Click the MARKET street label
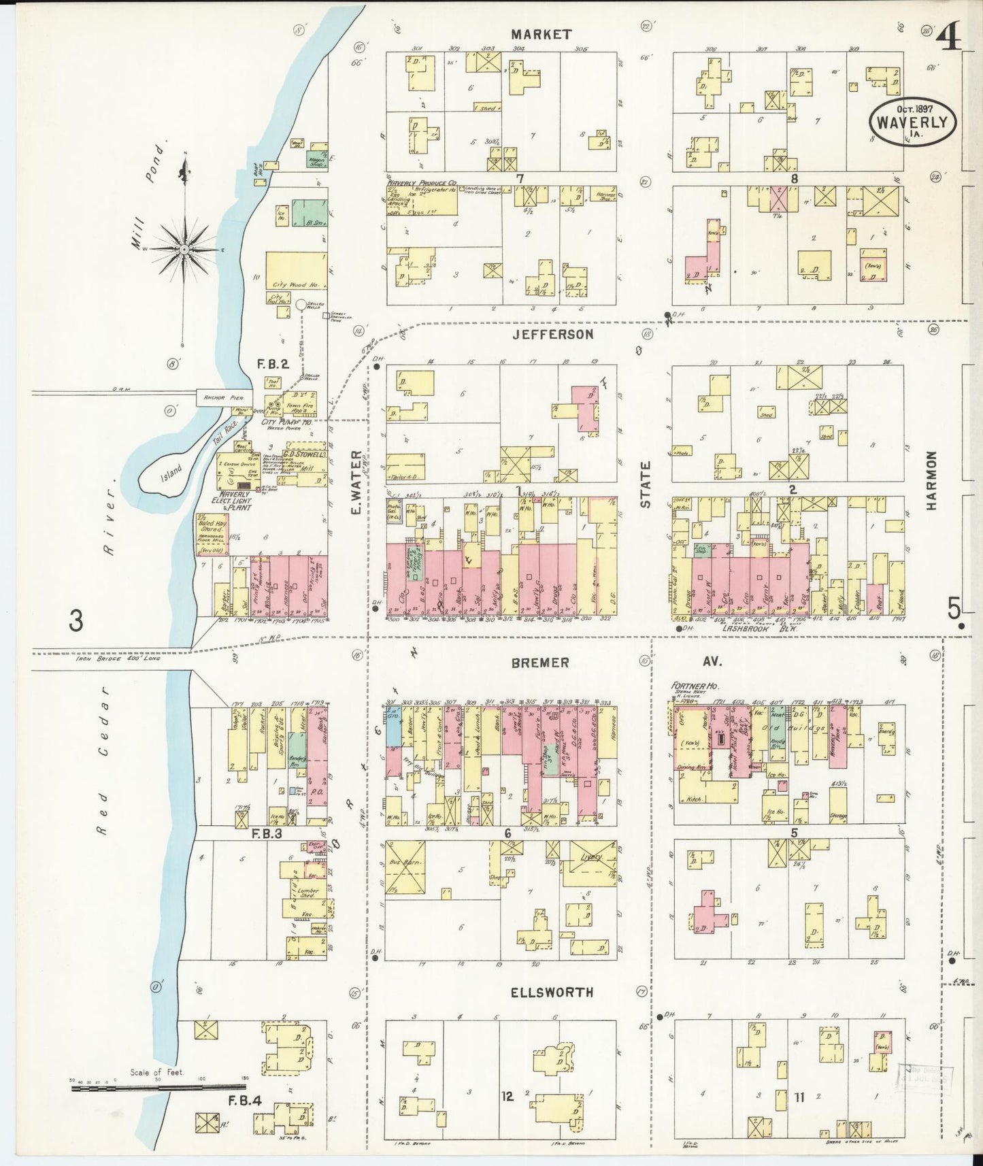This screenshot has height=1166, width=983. pos(542,34)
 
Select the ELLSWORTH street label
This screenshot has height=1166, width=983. pos(553,993)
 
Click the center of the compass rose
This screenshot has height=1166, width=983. pos(182,249)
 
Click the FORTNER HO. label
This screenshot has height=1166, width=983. pos(695,687)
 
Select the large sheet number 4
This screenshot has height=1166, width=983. pos(951,37)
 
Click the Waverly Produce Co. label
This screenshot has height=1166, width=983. pos(422,184)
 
